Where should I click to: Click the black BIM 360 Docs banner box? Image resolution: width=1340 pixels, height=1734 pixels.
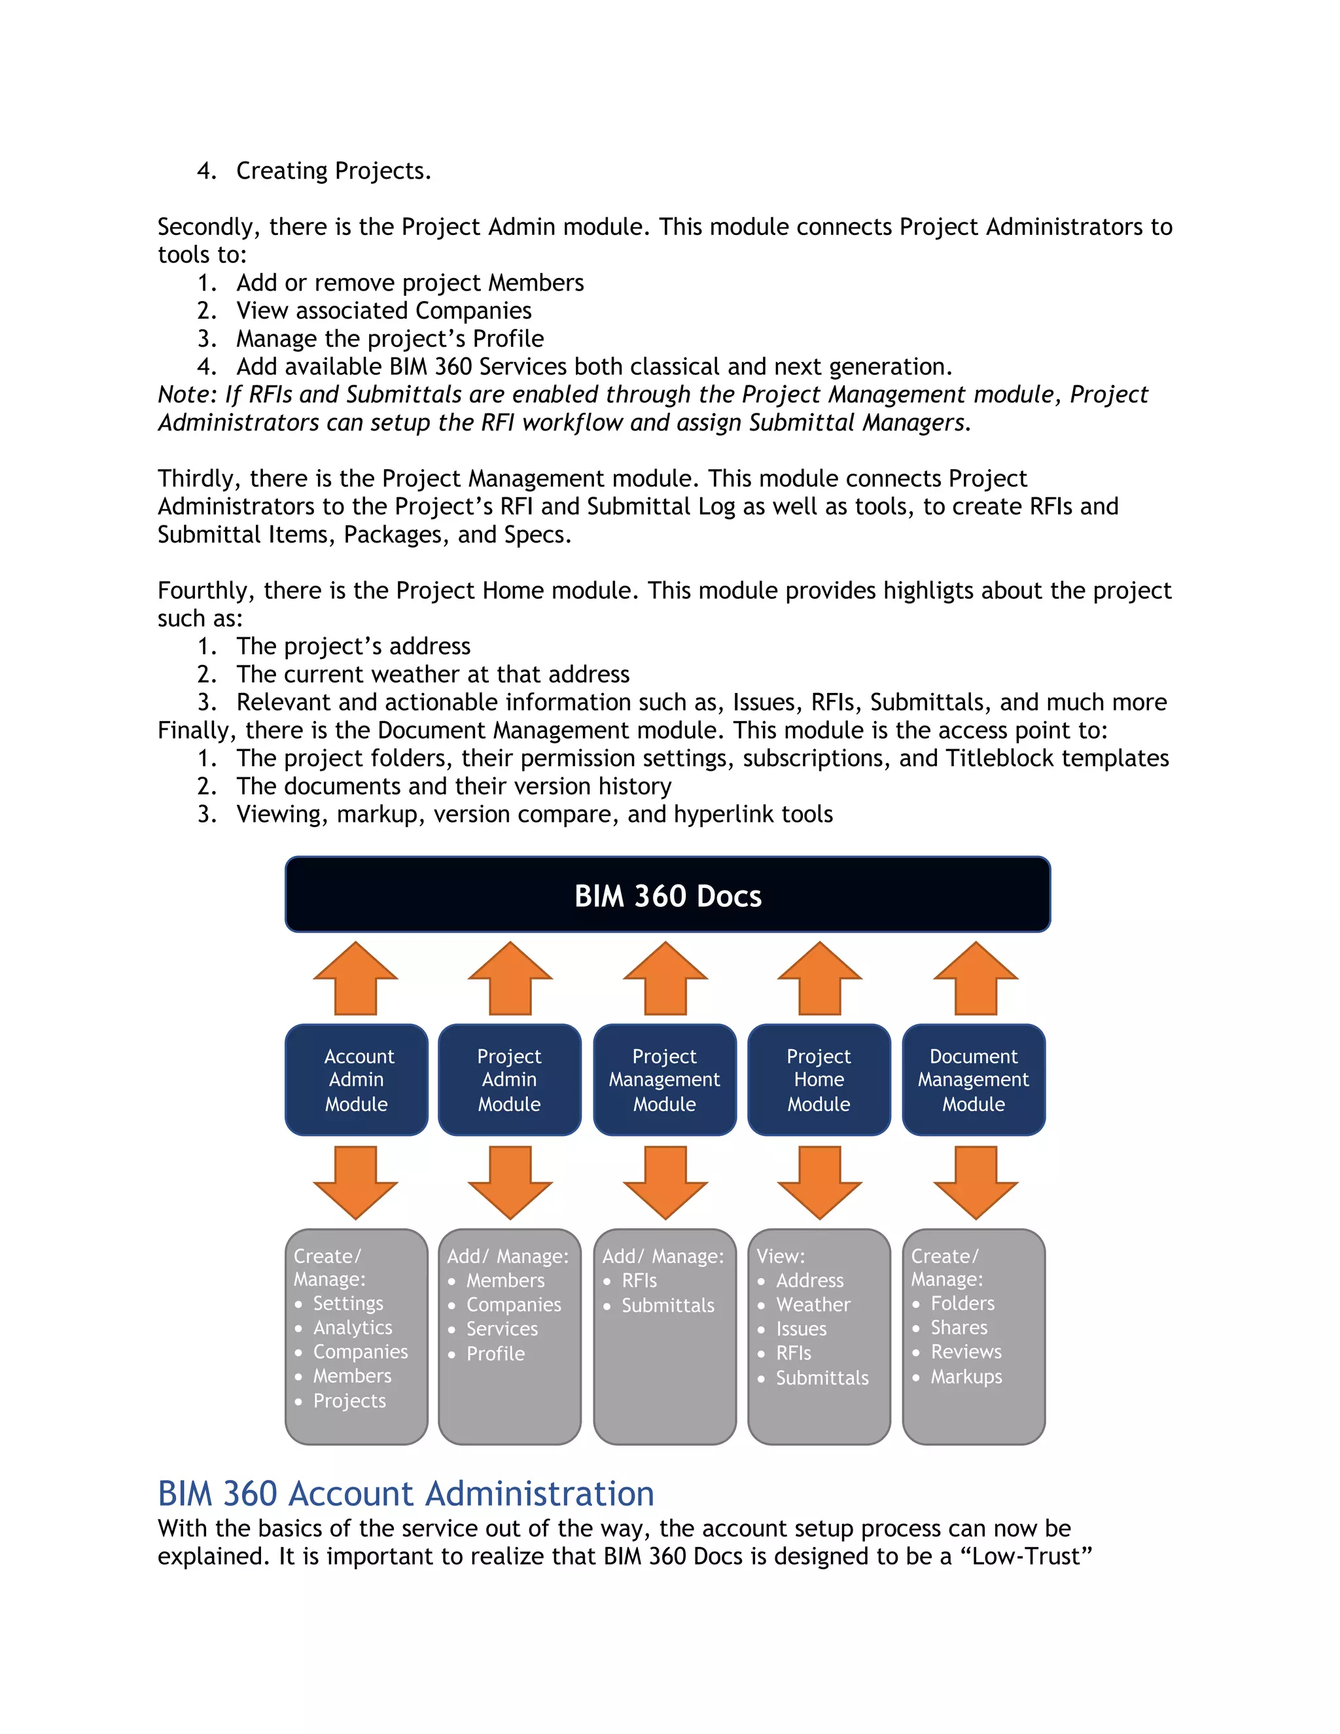coord(667,894)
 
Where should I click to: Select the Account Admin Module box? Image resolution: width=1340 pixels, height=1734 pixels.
coord(357,1080)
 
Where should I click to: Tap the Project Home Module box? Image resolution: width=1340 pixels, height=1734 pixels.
coord(819,1080)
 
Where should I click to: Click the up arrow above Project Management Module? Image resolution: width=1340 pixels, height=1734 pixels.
coord(665,978)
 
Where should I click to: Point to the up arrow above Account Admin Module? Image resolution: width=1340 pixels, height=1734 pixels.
coord(356,978)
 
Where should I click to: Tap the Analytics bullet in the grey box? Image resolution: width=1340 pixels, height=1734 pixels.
coord(353,1328)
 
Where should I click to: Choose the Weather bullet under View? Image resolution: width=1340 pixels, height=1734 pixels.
coord(813,1305)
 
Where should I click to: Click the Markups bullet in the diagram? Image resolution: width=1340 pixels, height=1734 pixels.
coord(966,1377)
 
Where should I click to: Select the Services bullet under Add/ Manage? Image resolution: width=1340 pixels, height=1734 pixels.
coord(502,1329)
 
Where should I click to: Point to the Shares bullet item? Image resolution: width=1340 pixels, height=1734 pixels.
coord(959,1328)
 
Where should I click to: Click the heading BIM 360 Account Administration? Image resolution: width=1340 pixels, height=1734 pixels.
coord(406,1493)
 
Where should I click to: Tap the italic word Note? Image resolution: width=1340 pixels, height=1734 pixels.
coord(186,395)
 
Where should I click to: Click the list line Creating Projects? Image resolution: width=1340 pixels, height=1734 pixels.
coord(334,171)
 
